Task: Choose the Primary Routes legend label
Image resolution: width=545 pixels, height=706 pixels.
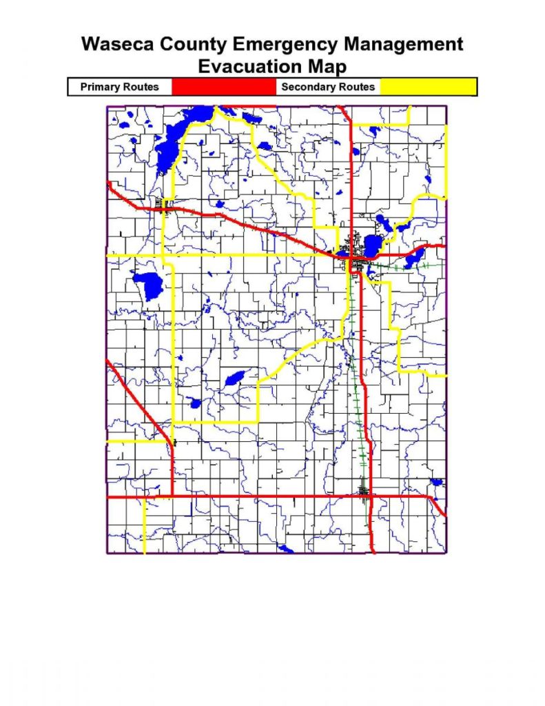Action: coord(119,87)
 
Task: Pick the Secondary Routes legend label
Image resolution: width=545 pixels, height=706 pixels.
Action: coord(328,87)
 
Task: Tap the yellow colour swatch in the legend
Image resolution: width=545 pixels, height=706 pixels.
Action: coord(428,87)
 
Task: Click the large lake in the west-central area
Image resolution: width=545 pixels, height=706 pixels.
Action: coord(147,283)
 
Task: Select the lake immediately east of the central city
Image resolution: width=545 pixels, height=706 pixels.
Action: coord(373,245)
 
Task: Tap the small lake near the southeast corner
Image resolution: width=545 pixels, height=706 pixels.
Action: coord(435,482)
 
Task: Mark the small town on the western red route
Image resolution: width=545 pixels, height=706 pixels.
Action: coord(163,205)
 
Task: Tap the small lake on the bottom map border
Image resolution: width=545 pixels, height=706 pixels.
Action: coord(284,549)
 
